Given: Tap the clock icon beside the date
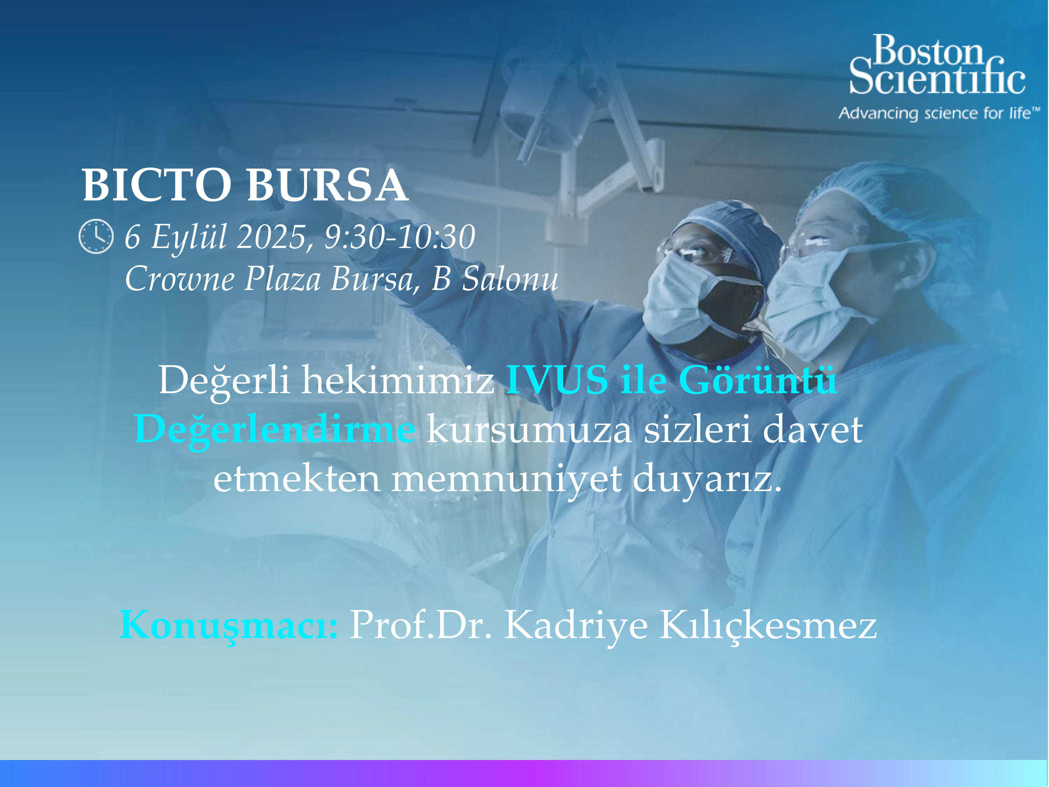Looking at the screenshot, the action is click(x=96, y=236).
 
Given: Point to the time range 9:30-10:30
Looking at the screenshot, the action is click(x=400, y=237).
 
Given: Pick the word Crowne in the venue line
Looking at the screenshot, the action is click(x=180, y=278).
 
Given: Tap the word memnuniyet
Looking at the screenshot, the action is click(x=506, y=479).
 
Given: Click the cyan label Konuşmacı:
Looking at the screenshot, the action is click(x=229, y=626).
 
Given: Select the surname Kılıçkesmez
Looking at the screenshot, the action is click(x=768, y=626).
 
